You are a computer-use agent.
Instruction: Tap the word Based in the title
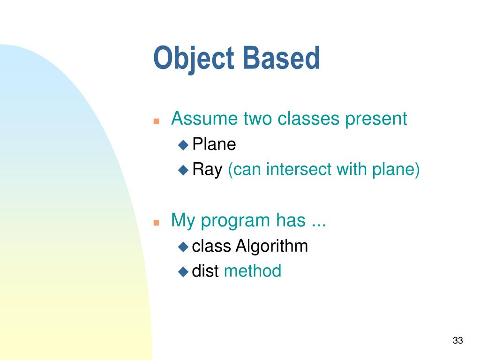coord(281,58)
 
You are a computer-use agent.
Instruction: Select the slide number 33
coord(457,340)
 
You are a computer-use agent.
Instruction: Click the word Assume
coord(204,118)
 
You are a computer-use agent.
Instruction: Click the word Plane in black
coord(214,144)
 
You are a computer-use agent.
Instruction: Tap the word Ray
coord(207,170)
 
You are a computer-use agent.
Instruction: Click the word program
coord(235,221)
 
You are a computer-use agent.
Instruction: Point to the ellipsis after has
coord(319,225)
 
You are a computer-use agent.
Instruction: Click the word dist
coord(205,270)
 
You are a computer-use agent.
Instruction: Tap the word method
coord(253,270)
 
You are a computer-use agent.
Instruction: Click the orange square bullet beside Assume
coord(156,121)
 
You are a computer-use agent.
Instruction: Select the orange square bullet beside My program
coord(156,223)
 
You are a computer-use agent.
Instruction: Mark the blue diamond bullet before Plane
coord(183,145)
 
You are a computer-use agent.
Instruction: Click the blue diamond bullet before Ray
coord(183,170)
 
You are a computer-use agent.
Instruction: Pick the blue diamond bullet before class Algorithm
coord(183,247)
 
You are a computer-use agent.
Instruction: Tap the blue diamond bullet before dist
coord(183,272)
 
